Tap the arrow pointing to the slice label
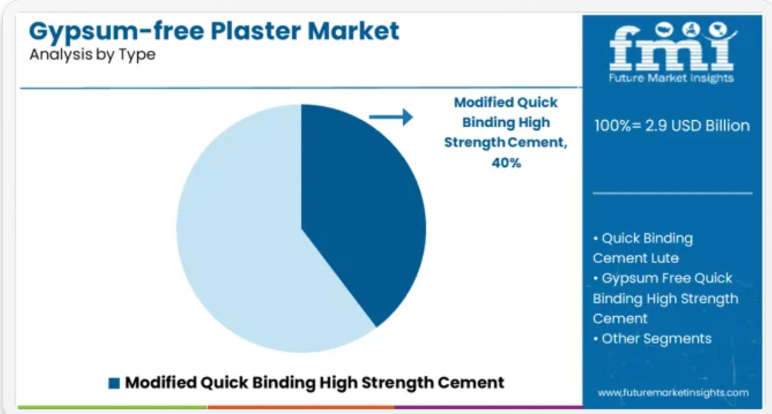pyautogui.click(x=391, y=117)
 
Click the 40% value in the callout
pyautogui.click(x=506, y=162)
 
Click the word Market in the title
pyautogui.click(x=353, y=31)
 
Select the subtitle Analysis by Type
pyautogui.click(x=92, y=55)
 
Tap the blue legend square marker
pyautogui.click(x=114, y=383)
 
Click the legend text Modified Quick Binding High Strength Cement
pyautogui.click(x=314, y=382)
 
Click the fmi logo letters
pyautogui.click(x=673, y=47)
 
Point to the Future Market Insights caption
pyautogui.click(x=671, y=78)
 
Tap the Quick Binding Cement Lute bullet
pyautogui.click(x=643, y=248)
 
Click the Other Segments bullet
pyautogui.click(x=653, y=339)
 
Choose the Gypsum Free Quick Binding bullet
pyautogui.click(x=666, y=298)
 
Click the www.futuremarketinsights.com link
pyautogui.click(x=673, y=393)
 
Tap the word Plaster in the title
pyautogui.click(x=256, y=31)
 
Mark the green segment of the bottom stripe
pyautogui.click(x=112, y=407)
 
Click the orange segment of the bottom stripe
pyautogui.click(x=300, y=407)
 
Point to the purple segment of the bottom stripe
pyautogui.click(x=488, y=407)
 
